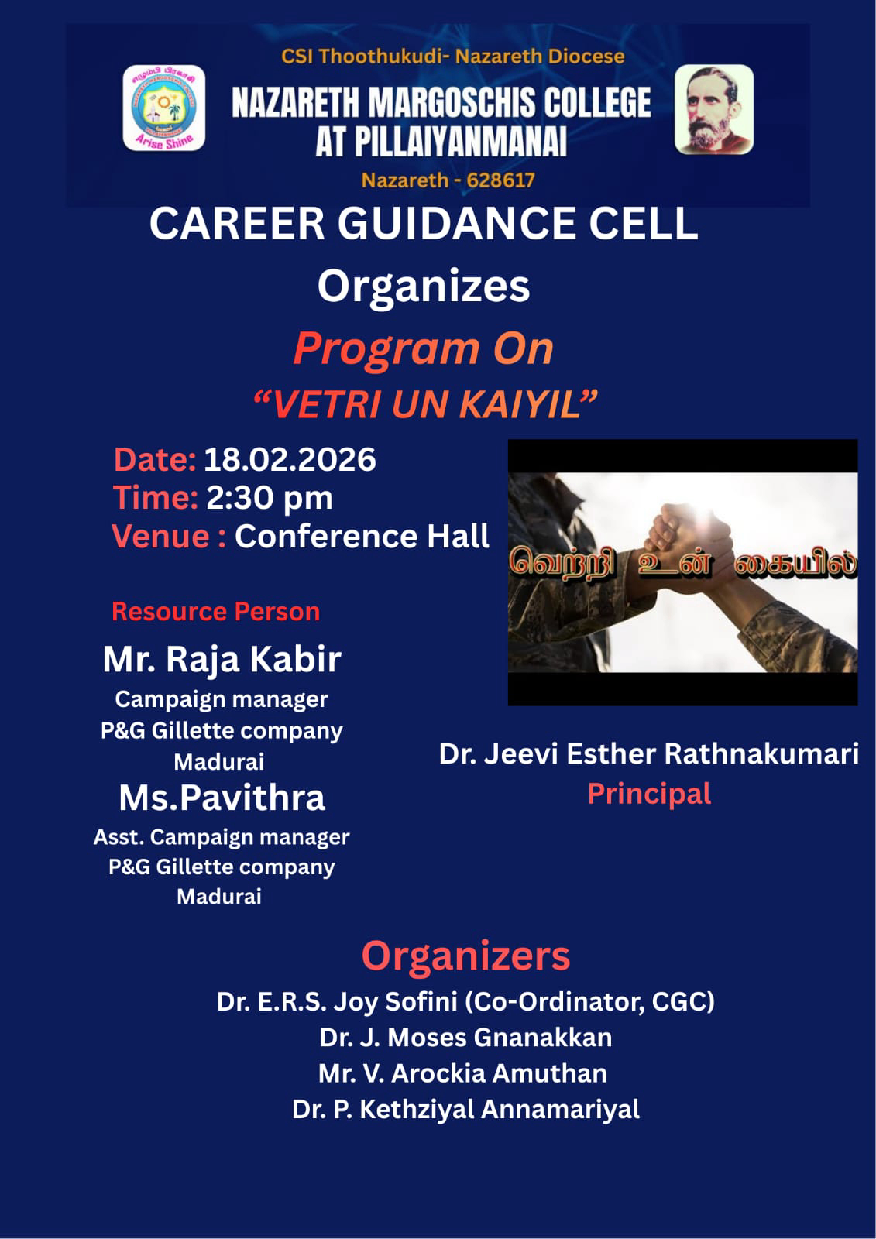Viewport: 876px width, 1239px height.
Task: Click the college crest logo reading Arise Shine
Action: [x=163, y=108]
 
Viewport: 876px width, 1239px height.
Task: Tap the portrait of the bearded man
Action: [x=714, y=109]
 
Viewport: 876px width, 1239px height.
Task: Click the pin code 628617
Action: [x=501, y=180]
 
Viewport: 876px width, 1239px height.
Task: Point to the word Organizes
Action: [x=424, y=287]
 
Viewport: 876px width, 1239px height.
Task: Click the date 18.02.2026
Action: [x=290, y=460]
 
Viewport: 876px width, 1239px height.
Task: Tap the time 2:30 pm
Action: [x=270, y=499]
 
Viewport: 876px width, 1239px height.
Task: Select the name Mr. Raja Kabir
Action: [x=222, y=660]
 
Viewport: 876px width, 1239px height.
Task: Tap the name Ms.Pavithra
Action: [x=222, y=798]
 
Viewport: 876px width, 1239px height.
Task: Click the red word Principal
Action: [x=649, y=795]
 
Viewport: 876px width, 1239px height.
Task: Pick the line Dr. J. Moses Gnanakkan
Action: [x=465, y=1038]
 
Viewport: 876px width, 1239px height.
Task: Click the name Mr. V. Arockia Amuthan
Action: [x=462, y=1073]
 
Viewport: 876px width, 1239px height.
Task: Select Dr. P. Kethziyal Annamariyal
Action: [x=465, y=1110]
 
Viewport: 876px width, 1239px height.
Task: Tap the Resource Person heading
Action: [x=216, y=612]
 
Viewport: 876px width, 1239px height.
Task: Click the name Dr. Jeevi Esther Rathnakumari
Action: [x=648, y=754]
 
